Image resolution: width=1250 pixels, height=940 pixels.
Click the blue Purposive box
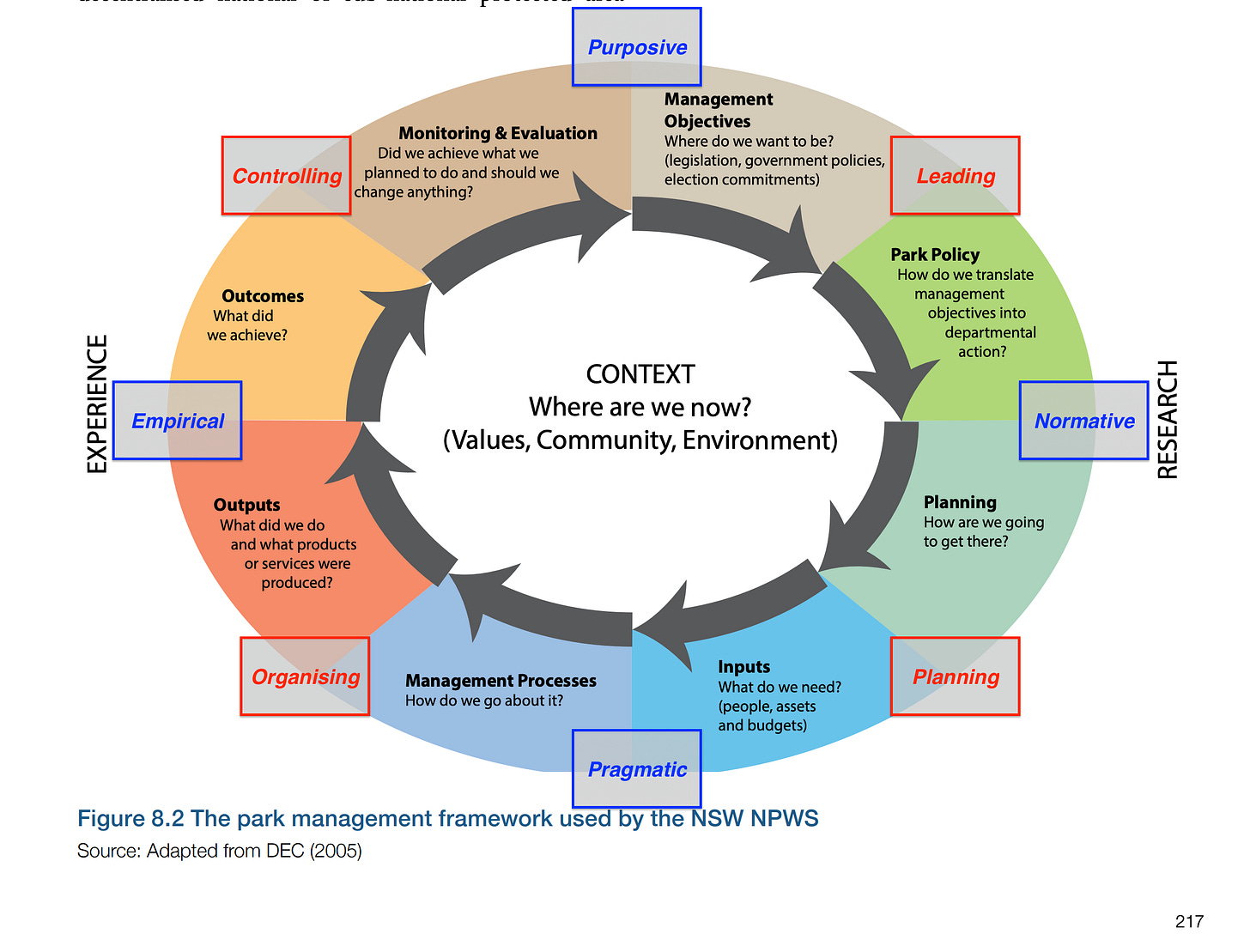(x=637, y=47)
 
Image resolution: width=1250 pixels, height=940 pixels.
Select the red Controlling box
(x=287, y=176)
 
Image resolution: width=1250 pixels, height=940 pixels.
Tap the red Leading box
(x=956, y=176)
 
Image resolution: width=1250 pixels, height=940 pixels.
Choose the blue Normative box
(x=1084, y=421)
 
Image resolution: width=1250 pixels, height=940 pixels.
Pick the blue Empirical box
(x=178, y=421)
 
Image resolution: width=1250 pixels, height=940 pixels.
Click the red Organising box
(x=305, y=676)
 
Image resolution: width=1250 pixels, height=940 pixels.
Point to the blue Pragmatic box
(x=637, y=769)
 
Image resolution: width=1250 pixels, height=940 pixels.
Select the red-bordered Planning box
(x=956, y=676)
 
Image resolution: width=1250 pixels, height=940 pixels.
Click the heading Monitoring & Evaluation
(x=498, y=133)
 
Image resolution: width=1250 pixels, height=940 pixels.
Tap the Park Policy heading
(x=935, y=254)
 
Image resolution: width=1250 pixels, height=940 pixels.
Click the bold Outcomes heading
(x=263, y=296)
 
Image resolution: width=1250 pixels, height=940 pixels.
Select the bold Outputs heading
(x=246, y=505)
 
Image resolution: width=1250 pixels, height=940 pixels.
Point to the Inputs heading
(x=743, y=667)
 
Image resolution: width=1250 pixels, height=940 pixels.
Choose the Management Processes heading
(x=501, y=681)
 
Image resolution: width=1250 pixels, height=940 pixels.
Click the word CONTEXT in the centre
(x=640, y=374)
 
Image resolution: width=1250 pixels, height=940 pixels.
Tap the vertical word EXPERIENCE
(x=98, y=403)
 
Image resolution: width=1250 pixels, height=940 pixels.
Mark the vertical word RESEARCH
(x=1168, y=419)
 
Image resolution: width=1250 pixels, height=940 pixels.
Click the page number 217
(x=1189, y=921)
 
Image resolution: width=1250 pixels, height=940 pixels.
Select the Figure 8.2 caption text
(x=447, y=818)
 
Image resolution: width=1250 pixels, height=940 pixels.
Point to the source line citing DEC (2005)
(x=220, y=851)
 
